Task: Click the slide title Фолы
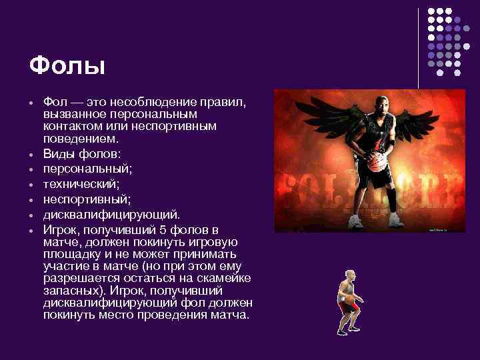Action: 67,67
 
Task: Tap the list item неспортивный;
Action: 85,199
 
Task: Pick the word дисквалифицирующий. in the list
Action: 111,215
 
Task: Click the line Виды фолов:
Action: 82,153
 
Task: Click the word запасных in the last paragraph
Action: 68,291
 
